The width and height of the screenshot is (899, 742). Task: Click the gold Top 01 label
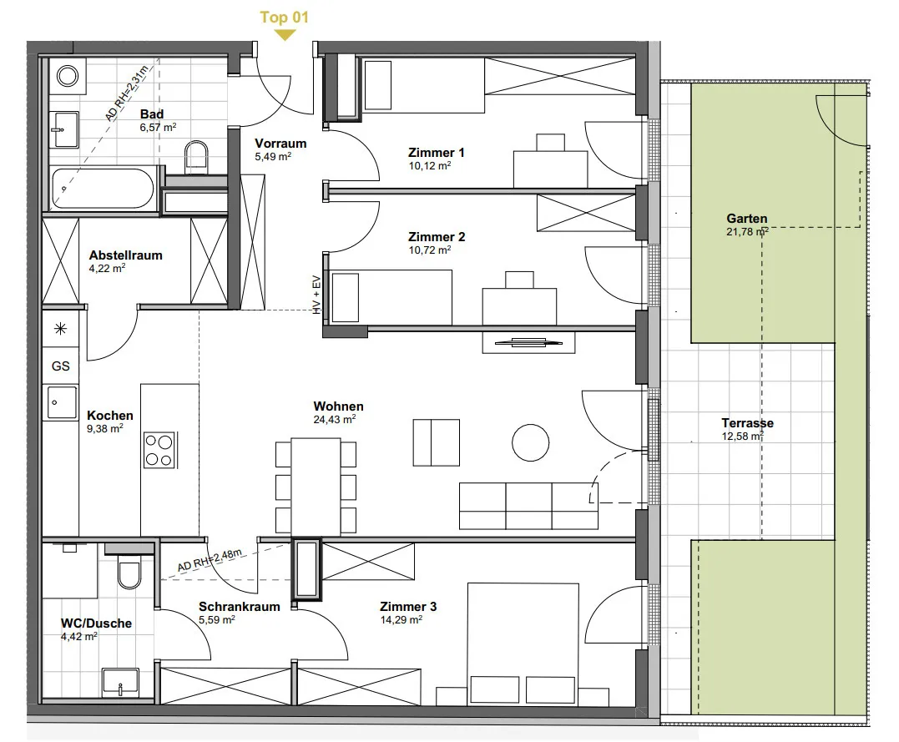pos(284,18)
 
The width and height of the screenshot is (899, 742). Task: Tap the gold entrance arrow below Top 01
pos(285,35)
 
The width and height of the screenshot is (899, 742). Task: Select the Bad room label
pos(152,114)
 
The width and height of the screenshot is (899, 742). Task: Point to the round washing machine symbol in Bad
pos(68,76)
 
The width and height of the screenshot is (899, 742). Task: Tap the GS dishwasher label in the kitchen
pos(61,366)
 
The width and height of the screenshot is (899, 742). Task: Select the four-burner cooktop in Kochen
pos(159,450)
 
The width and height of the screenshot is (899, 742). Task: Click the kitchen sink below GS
pos(61,402)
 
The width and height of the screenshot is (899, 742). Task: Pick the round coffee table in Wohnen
pos(530,442)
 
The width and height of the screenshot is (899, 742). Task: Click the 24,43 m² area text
pos(335,420)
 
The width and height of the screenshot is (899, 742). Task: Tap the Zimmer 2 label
pos(437,236)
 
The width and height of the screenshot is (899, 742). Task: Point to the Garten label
pos(746,219)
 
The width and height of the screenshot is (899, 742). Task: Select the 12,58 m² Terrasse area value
pos(742,437)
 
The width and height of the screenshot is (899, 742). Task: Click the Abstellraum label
pos(125,255)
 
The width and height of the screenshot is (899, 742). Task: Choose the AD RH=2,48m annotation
pos(210,560)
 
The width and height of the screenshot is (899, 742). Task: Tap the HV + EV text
pos(316,295)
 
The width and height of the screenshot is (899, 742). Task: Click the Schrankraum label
pos(239,606)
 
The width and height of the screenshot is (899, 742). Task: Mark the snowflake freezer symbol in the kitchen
pos(60,329)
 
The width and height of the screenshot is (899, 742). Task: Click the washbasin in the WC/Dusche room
pos(120,683)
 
